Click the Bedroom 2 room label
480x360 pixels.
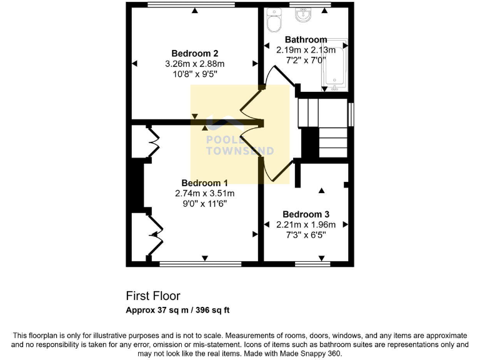pyautogui.click(x=194, y=53)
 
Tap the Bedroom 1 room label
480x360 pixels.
pyautogui.click(x=204, y=182)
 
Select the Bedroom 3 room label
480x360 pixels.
pyautogui.click(x=306, y=214)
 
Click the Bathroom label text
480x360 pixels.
pyautogui.click(x=306, y=39)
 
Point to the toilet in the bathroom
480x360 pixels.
pyautogui.click(x=273, y=22)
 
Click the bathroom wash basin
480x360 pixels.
pyautogui.click(x=306, y=15)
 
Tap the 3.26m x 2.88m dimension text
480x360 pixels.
pyautogui.click(x=194, y=64)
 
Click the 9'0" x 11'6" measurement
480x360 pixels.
pyautogui.click(x=204, y=204)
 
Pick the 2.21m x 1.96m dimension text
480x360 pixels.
pyautogui.click(x=306, y=225)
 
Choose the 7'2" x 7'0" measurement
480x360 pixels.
pyautogui.click(x=306, y=60)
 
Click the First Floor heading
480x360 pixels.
pyautogui.click(x=153, y=296)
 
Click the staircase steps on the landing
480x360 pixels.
pyautogui.click(x=323, y=127)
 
